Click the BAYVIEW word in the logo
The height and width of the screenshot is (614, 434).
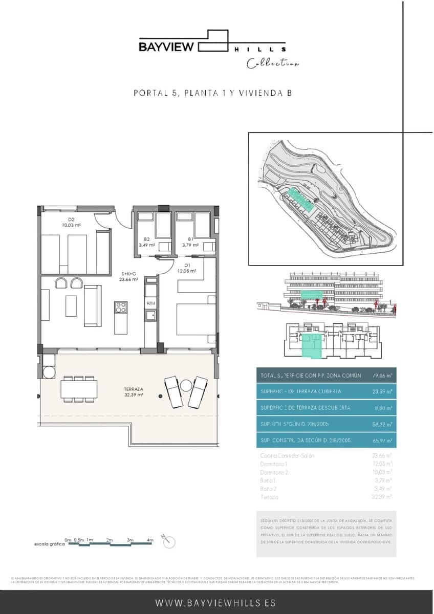click(x=166, y=47)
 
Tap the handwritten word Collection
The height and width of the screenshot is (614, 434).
click(x=273, y=64)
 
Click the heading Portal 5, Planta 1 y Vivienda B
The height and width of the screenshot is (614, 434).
click(x=212, y=93)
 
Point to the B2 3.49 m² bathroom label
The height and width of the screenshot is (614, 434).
click(x=146, y=242)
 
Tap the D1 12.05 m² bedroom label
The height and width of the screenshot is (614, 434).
click(x=187, y=268)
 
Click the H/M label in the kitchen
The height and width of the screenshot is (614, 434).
click(x=150, y=303)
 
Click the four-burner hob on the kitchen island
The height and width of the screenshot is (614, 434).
click(x=121, y=307)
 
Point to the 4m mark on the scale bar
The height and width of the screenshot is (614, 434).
click(x=150, y=540)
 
